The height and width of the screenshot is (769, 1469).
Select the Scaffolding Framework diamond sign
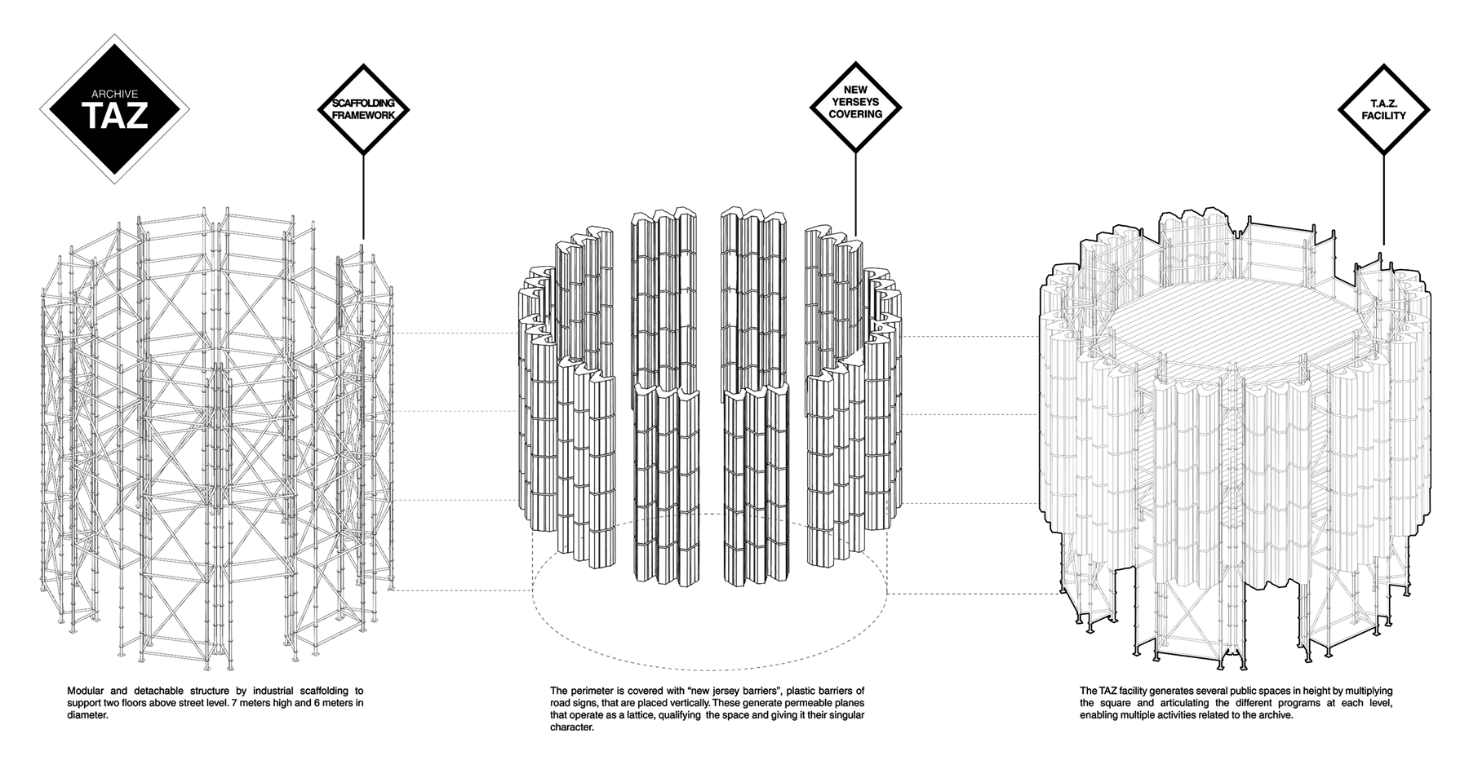tap(363, 109)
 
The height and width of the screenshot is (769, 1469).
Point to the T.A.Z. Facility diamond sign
tap(1383, 109)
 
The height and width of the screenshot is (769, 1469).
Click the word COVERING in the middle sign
tap(855, 114)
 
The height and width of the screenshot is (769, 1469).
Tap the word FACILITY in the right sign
tap(1383, 116)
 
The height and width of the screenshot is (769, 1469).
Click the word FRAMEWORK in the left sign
tap(363, 116)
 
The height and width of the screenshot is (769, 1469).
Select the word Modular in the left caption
tap(84, 692)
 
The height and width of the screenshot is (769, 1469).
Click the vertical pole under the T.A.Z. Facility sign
tap(1383, 200)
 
